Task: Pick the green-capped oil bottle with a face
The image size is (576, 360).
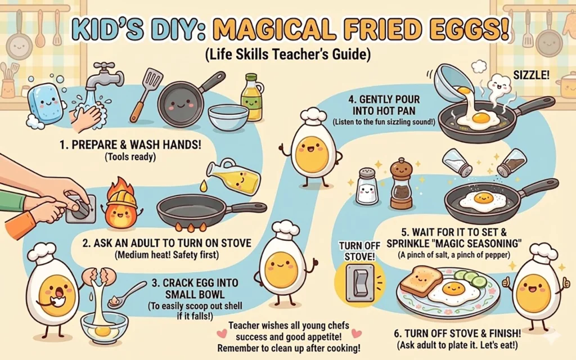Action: click(251, 98)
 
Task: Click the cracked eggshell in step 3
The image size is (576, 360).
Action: click(99, 278)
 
